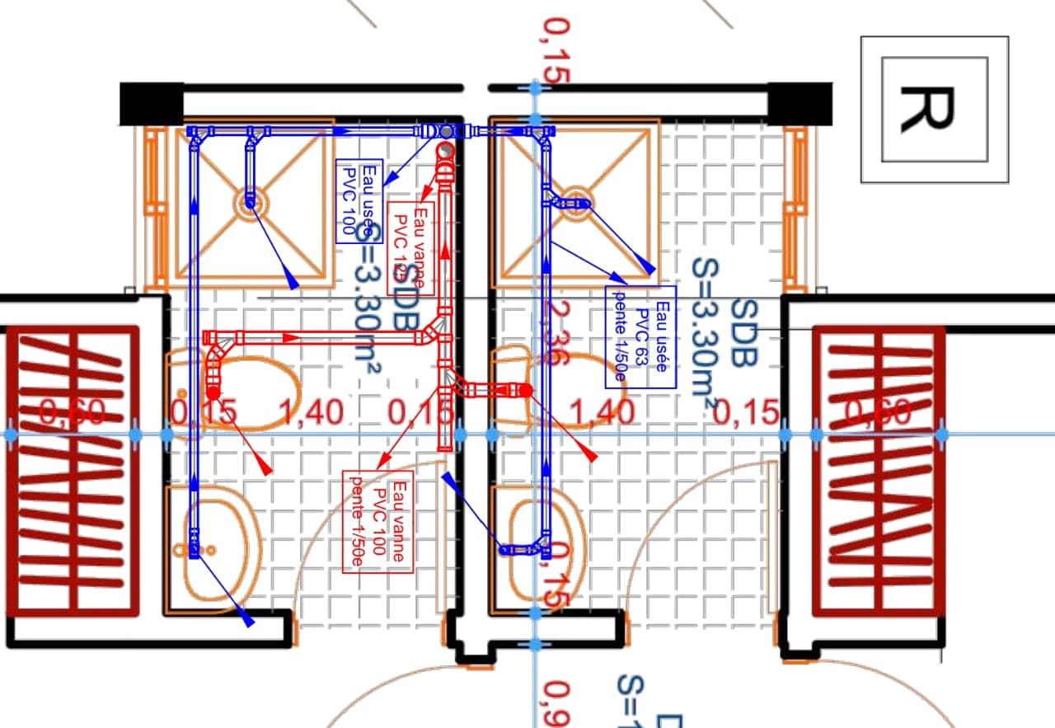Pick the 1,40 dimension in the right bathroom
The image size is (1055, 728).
point(603,411)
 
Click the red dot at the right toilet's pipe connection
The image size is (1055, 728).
point(525,390)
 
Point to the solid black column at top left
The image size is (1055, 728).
point(151,104)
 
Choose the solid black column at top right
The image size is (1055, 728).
point(800,104)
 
